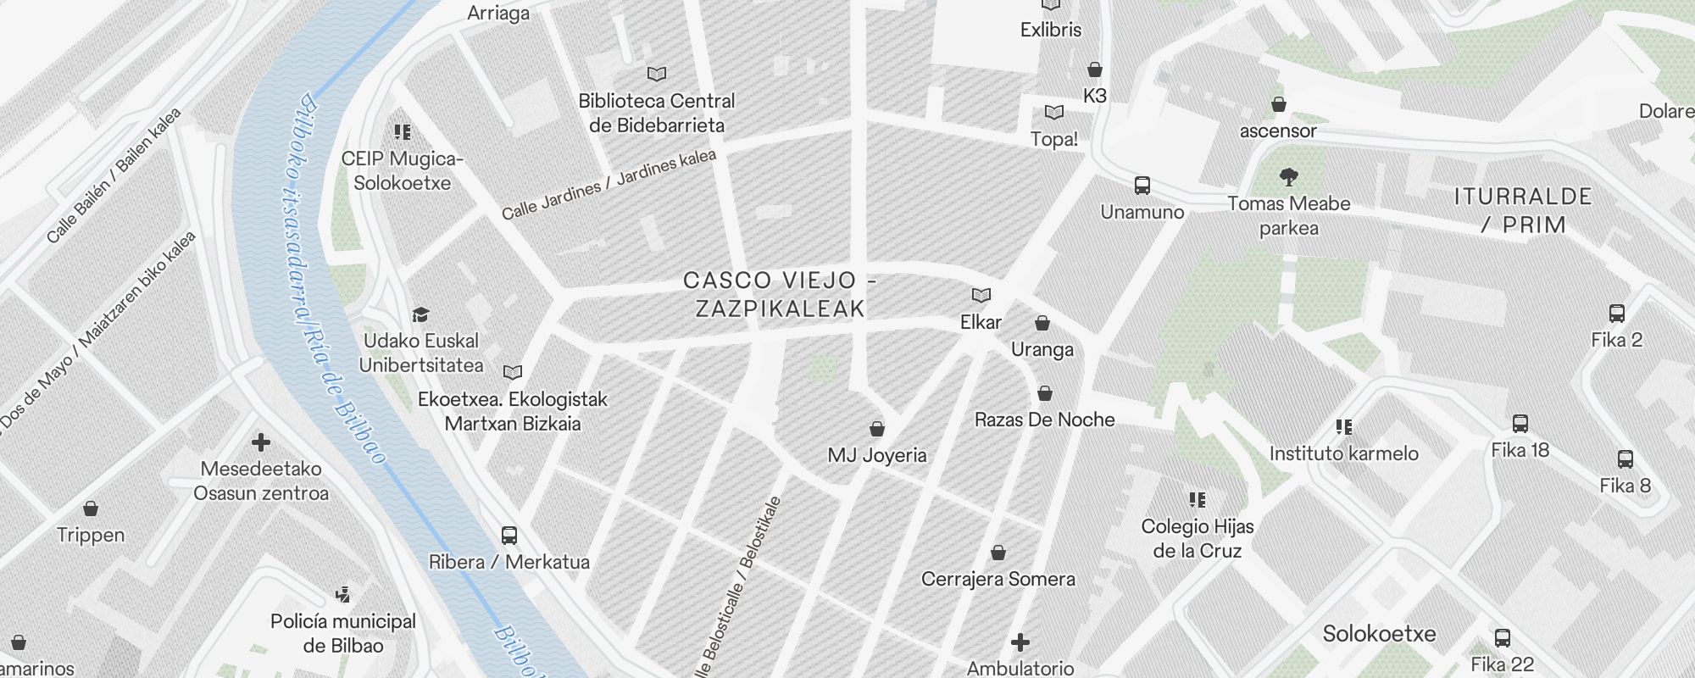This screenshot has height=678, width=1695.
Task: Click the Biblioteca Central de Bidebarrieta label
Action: tap(657, 113)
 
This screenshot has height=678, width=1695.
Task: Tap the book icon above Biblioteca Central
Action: tap(657, 75)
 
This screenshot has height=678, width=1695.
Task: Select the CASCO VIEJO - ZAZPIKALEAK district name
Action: tap(779, 294)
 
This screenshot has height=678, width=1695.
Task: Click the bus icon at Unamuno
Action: tap(1142, 186)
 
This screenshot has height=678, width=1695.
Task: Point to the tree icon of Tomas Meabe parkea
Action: tap(1289, 177)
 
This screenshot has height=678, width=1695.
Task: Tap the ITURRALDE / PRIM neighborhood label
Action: tap(1523, 210)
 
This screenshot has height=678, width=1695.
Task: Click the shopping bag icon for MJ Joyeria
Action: tap(877, 429)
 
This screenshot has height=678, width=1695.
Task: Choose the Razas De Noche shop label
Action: tap(1044, 420)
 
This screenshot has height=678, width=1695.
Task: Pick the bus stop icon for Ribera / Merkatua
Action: tap(509, 536)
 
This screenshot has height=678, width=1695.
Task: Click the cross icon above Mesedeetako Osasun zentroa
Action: tap(261, 442)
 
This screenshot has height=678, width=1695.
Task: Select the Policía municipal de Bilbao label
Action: tap(343, 633)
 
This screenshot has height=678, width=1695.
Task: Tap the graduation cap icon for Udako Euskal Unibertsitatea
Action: tap(420, 315)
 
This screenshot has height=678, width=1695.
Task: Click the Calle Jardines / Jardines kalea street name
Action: tap(609, 185)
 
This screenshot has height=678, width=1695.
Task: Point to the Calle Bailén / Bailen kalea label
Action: tap(114, 175)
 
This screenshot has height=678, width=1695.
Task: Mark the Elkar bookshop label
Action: tap(981, 322)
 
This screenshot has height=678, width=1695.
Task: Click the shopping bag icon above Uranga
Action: tap(1042, 323)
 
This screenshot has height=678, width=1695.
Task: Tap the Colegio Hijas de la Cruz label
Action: tap(1198, 538)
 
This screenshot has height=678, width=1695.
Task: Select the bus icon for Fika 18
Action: tap(1520, 424)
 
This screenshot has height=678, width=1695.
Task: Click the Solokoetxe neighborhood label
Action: tap(1379, 634)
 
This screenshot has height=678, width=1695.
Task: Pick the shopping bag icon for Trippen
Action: tap(91, 508)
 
